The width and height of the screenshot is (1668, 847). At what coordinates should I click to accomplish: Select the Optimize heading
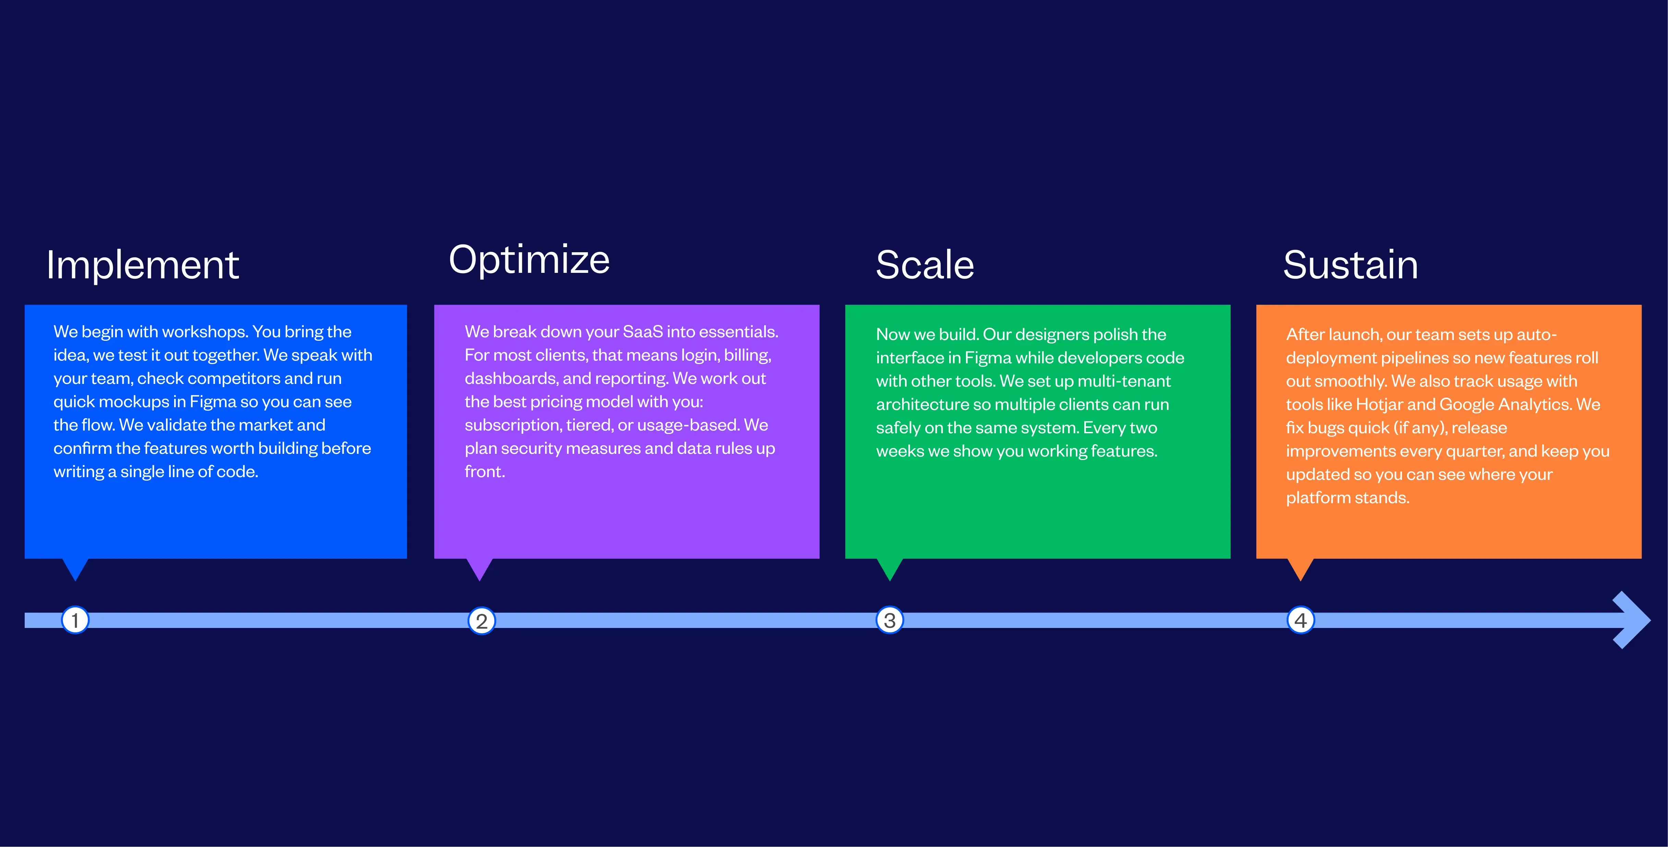tap(529, 260)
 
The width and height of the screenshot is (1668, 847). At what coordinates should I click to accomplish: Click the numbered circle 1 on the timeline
tap(75, 620)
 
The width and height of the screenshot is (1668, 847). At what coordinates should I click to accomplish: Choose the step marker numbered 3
tap(890, 620)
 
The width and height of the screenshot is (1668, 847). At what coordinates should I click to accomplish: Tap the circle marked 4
tap(1300, 620)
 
